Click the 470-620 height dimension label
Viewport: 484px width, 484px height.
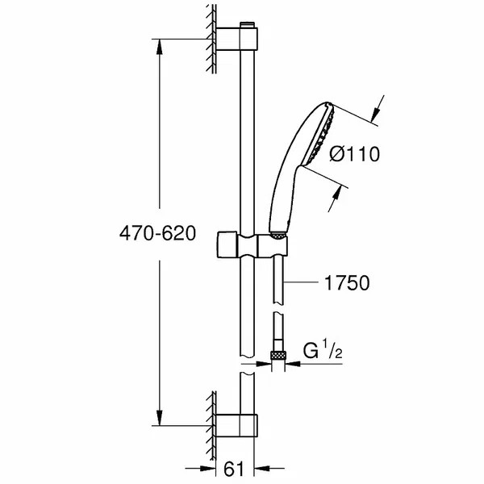[x=158, y=235]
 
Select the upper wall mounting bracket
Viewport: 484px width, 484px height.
[x=240, y=40]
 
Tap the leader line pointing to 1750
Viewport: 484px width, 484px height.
[x=302, y=282]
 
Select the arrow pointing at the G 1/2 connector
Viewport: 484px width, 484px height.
[x=292, y=364]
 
